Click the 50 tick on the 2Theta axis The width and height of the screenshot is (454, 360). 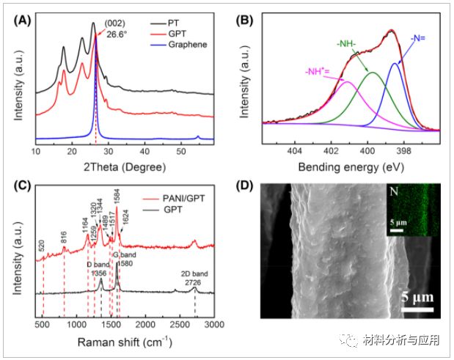pos(183,150)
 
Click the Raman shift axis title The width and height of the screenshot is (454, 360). pos(123,342)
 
